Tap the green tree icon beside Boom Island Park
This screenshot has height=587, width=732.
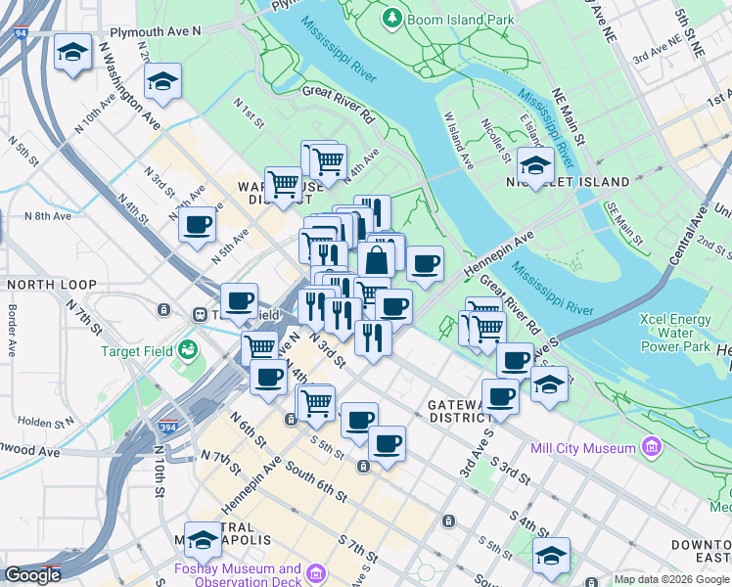coord(391,18)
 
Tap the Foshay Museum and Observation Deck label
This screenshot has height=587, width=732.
coord(237,574)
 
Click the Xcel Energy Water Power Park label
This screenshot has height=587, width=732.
coord(674,333)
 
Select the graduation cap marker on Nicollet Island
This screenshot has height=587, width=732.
coord(535,164)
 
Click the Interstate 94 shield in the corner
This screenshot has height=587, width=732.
coord(20,32)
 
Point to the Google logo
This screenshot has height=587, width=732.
coord(32,575)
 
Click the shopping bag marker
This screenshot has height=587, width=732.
coord(377,261)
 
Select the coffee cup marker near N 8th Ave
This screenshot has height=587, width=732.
coord(198,225)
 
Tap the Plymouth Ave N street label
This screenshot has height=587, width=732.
coord(156,31)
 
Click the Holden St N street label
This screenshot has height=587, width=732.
coord(47,422)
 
